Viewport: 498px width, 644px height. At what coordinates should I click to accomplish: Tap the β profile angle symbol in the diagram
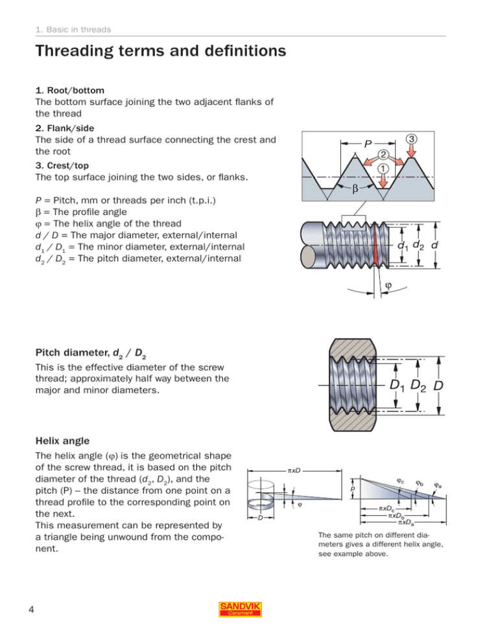355,192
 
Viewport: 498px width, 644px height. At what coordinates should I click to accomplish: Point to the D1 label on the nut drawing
399,387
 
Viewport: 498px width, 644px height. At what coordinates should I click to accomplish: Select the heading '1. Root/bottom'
67,90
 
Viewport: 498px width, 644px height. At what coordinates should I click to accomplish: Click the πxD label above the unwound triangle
292,470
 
